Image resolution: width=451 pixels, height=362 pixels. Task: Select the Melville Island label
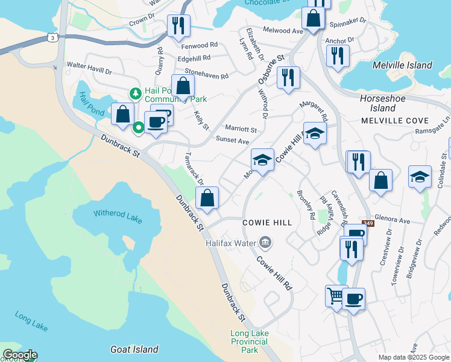pos(402,65)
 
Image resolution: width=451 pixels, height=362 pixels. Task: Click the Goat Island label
pos(134,349)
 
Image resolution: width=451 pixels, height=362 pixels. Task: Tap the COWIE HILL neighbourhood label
pos(267,223)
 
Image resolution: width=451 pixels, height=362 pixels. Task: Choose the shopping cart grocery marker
pos(336,296)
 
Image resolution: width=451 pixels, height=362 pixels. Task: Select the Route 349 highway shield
pos(368,223)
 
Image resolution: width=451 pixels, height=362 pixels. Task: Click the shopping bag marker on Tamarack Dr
pos(207,197)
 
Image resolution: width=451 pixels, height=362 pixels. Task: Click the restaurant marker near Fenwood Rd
pos(178,25)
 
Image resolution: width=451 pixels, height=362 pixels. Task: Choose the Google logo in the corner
pos(19,355)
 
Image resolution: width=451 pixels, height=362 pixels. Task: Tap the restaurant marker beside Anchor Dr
pos(336,56)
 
